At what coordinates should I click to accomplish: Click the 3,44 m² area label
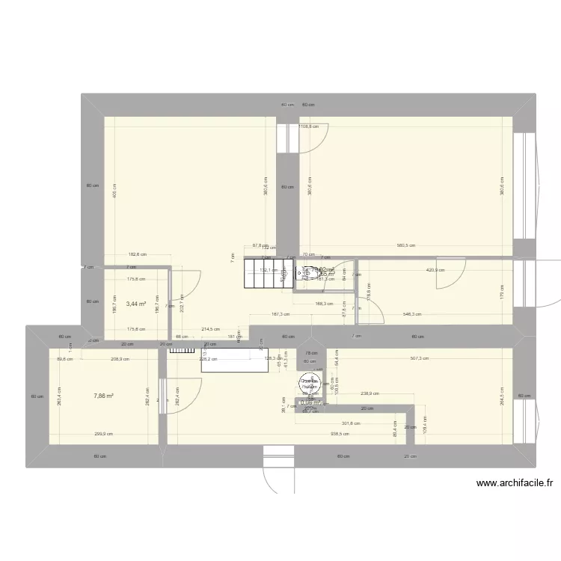click(136, 304)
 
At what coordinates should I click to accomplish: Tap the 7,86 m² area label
click(103, 396)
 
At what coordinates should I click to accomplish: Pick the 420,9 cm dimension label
click(435, 270)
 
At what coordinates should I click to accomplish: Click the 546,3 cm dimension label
click(411, 315)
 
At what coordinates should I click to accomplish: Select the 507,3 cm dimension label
click(419, 358)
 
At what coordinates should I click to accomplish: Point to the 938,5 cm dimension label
click(340, 434)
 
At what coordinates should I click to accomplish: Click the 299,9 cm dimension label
click(104, 434)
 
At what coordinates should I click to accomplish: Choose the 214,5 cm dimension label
click(210, 329)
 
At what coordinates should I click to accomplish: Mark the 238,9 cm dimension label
click(370, 393)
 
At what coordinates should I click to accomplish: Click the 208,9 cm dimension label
click(120, 360)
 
